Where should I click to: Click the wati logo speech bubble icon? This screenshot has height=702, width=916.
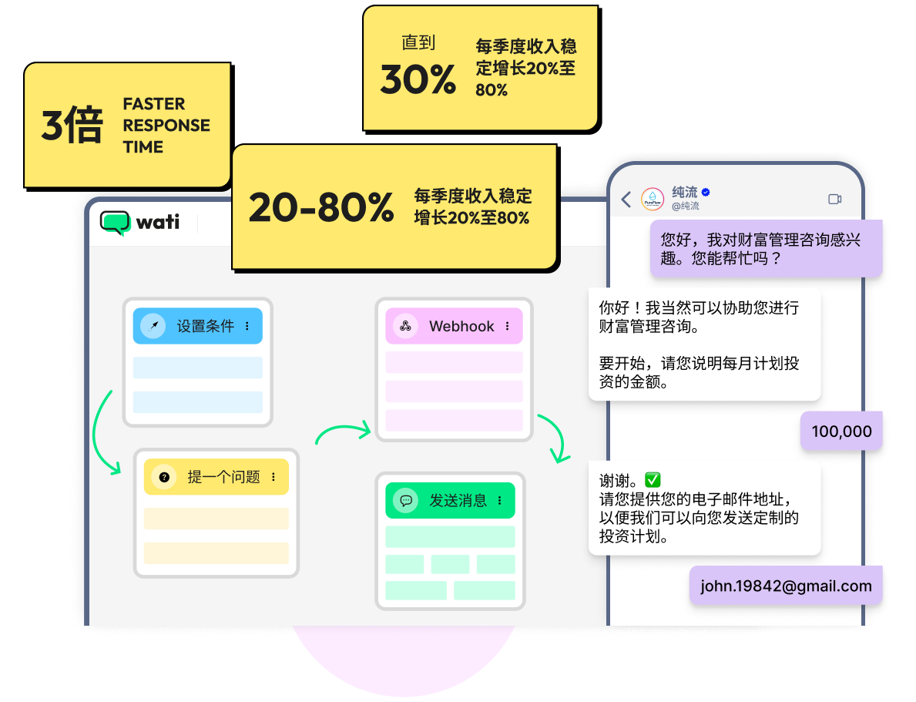[x=116, y=223]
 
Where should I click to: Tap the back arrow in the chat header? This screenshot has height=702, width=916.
[x=626, y=200]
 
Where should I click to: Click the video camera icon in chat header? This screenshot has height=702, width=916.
[x=834, y=199]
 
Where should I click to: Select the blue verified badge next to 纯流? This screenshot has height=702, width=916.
[x=706, y=192]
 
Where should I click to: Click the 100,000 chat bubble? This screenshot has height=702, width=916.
[x=841, y=432]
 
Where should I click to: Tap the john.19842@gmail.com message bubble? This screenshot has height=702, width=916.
[x=786, y=586]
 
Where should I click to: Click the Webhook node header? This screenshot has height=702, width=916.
[x=454, y=326]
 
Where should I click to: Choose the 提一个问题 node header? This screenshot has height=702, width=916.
[x=216, y=477]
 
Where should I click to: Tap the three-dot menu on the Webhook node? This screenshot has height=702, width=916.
[x=507, y=326]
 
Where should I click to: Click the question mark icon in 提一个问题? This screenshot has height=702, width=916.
[x=164, y=477]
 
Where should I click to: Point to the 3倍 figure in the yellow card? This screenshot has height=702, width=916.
[x=72, y=126]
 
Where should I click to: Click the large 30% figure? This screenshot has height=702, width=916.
[x=418, y=79]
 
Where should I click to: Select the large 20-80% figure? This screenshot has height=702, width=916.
[x=321, y=208]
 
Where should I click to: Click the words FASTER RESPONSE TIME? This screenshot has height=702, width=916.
[x=166, y=126]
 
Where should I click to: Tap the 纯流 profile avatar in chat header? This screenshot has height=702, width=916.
[x=653, y=199]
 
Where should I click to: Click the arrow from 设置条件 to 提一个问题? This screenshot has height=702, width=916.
[x=104, y=435]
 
